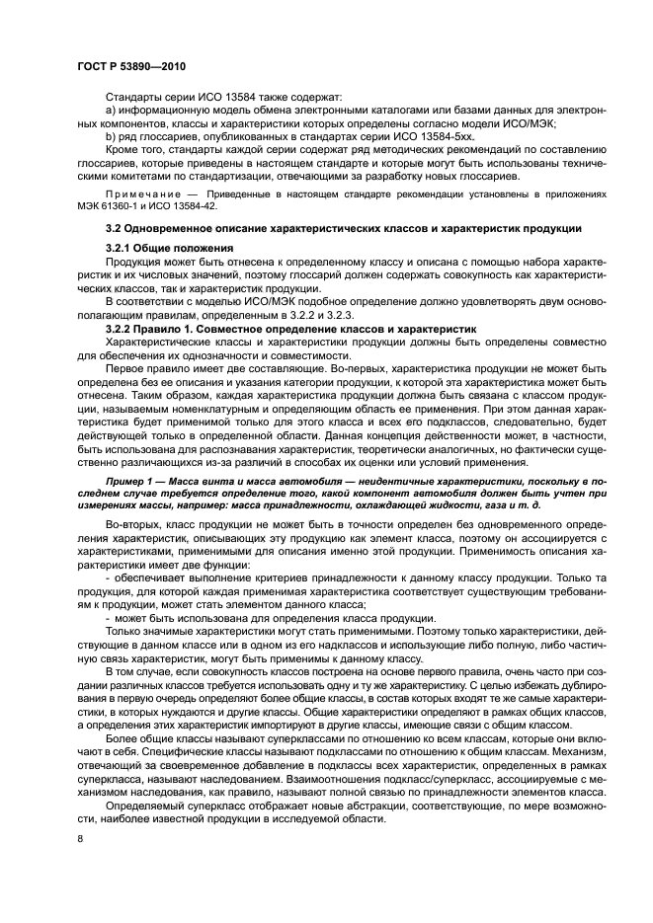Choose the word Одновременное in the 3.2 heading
(165, 229)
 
